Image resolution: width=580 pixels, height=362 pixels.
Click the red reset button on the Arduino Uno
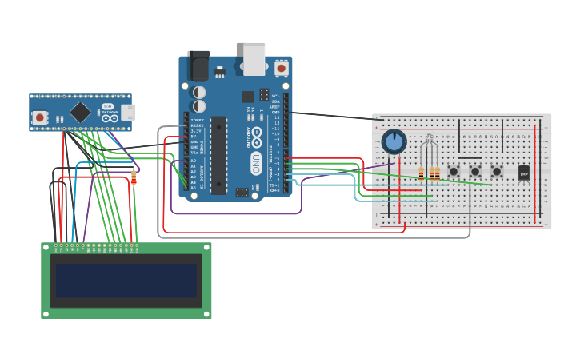[281, 69]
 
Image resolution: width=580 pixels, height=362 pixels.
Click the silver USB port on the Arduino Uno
[254, 58]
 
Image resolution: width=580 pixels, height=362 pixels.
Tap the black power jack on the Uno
[198, 65]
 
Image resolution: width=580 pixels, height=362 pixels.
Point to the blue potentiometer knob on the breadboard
[394, 142]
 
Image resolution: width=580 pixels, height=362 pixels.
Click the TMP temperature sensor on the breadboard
[524, 173]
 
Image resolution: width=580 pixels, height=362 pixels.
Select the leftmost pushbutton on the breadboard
[454, 171]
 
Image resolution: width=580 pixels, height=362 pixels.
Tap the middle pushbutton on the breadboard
[475, 171]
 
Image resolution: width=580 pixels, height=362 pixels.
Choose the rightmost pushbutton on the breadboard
[497, 171]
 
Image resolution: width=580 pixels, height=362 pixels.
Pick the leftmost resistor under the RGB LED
[421, 173]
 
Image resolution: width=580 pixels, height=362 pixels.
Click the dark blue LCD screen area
[126, 280]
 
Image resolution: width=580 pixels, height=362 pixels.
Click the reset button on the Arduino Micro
[38, 117]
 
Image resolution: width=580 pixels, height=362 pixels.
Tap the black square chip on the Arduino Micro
[80, 112]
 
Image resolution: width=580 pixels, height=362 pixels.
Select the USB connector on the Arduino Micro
[129, 112]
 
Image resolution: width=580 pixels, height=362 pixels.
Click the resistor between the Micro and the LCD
[134, 177]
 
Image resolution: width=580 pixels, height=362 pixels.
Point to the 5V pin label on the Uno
[194, 136]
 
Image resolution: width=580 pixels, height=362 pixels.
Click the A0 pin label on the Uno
[193, 161]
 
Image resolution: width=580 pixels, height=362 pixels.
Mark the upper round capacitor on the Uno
[199, 93]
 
